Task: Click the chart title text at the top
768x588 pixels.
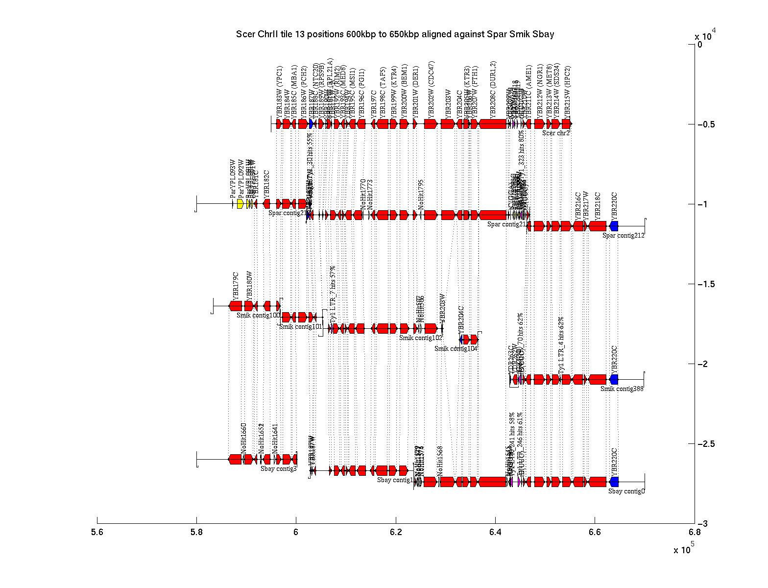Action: coord(395,34)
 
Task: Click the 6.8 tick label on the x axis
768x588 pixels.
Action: coord(694,532)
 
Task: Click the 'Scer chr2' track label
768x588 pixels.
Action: coord(556,133)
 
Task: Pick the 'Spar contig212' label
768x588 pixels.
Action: coord(623,235)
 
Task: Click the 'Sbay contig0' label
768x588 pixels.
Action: coord(626,491)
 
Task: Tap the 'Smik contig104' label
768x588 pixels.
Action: coord(456,348)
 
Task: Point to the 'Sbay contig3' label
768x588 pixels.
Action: coord(278,468)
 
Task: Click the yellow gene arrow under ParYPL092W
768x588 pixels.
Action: coord(240,204)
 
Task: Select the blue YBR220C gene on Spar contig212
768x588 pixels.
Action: coord(614,226)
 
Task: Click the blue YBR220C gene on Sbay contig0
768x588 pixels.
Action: coord(614,482)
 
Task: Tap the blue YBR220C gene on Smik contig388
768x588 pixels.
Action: coord(614,379)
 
